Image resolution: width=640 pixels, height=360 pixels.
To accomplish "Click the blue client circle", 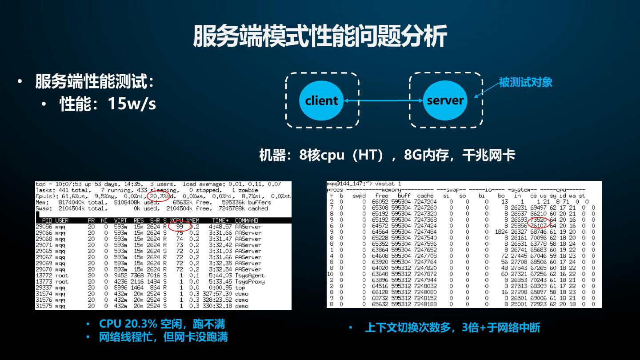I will tap(321, 100).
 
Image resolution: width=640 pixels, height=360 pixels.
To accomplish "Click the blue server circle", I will tap(445, 100).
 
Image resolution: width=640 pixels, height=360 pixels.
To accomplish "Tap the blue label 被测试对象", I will tap(525, 82).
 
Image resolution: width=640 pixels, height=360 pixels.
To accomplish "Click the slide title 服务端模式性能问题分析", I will tap(320, 36).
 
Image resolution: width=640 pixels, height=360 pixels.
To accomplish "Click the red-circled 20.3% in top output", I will tap(158, 196).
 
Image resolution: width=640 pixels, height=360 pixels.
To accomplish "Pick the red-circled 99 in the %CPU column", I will tap(180, 227).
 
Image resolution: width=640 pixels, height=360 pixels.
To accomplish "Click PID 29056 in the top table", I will tap(44, 227).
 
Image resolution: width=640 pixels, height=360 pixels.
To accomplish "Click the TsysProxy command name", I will tap(250, 282).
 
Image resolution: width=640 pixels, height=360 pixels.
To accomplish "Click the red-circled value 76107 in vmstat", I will tap(539, 226).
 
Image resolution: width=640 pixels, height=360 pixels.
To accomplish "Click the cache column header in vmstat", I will tap(425, 196).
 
